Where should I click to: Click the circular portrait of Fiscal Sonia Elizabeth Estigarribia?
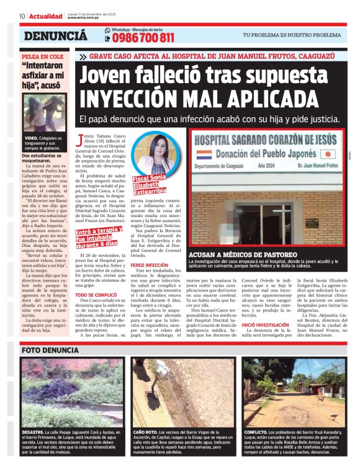151,153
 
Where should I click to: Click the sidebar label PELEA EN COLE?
40,56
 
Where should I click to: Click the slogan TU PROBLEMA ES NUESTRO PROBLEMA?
291,35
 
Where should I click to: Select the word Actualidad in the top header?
45,16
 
